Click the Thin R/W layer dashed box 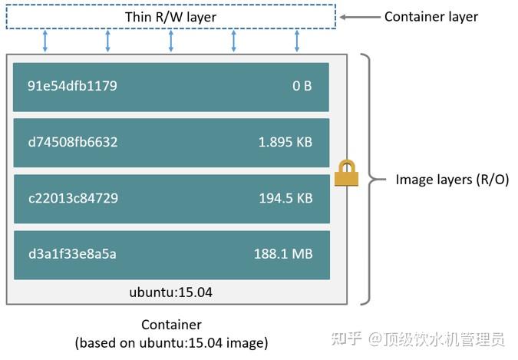click(x=170, y=17)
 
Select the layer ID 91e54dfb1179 click(x=72, y=86)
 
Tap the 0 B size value click(x=302, y=86)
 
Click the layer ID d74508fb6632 click(x=73, y=142)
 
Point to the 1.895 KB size click(x=285, y=142)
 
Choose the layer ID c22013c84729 click(x=73, y=198)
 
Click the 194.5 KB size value click(x=285, y=198)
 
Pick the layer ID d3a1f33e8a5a click(x=72, y=254)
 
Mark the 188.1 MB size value click(x=283, y=254)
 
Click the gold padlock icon click(x=347, y=173)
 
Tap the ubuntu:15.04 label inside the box click(x=170, y=292)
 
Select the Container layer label click(x=431, y=16)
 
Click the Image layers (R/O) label click(x=452, y=180)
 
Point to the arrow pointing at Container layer click(x=358, y=16)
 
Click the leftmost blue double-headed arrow click(x=45, y=41)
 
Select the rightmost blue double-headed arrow click(x=296, y=41)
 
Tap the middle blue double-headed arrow click(x=170, y=41)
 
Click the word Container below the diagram click(x=171, y=325)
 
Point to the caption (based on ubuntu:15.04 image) click(x=171, y=342)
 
